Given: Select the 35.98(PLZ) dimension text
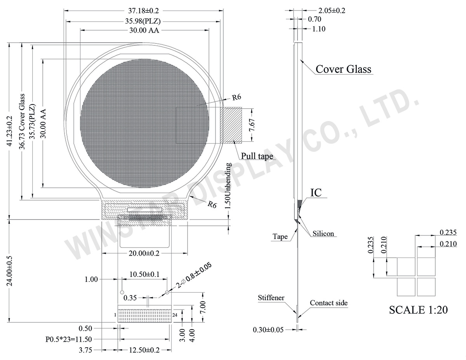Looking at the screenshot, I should tap(143, 21).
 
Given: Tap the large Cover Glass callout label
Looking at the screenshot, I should tap(343, 69).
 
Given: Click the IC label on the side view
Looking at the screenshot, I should tap(316, 192).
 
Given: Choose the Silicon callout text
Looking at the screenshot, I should tap(323, 234).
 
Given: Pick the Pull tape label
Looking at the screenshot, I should tap(257, 156).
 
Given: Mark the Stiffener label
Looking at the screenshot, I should tap(271, 298).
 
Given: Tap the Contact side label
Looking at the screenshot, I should tap(329, 303).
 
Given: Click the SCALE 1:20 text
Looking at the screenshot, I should tap(418, 310).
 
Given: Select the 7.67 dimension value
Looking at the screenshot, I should tap(252, 125).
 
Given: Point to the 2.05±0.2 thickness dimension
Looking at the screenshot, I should tap(326, 11).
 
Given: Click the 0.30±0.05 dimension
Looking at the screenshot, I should tap(268, 330).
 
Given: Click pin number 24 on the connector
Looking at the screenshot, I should tap(175, 315).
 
